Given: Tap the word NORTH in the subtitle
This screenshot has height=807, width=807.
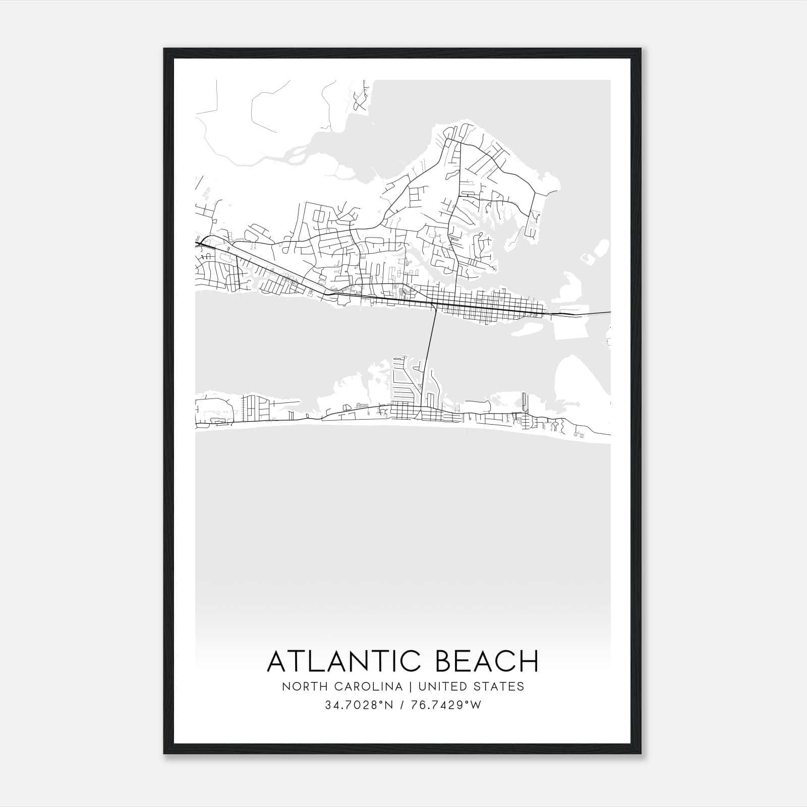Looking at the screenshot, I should click(300, 686).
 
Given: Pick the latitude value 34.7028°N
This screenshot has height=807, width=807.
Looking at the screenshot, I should click(359, 705).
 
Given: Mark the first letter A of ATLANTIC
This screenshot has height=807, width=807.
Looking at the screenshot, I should click(277, 661).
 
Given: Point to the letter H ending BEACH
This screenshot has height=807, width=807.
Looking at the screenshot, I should click(529, 661).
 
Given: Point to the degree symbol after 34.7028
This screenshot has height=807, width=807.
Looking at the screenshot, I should click(379, 702).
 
